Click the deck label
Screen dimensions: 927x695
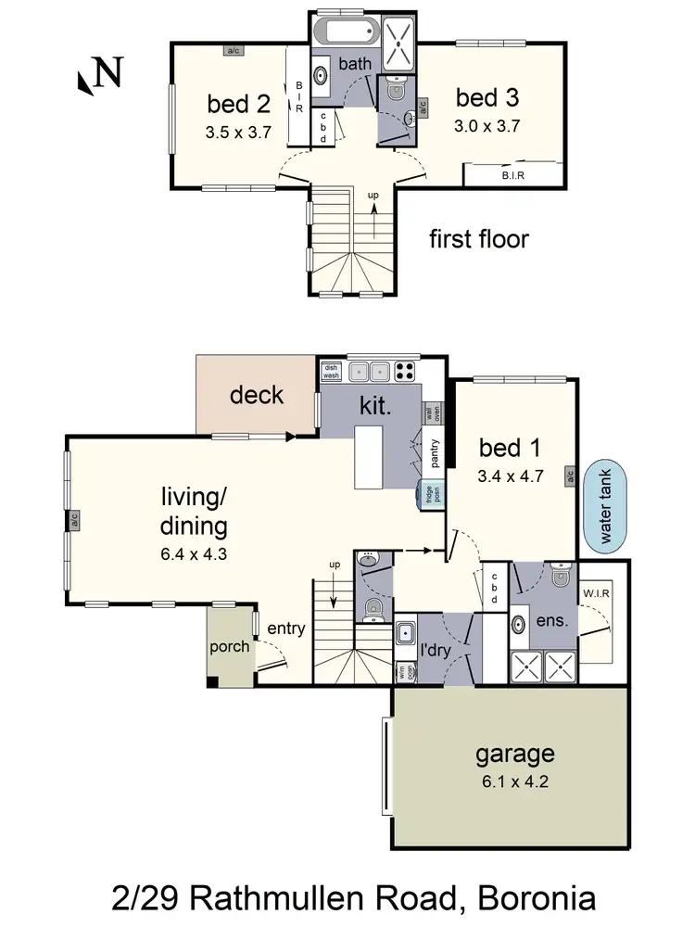pyautogui.click(x=257, y=396)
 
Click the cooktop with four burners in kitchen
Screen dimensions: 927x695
pyautogui.click(x=406, y=372)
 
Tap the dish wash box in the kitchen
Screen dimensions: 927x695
pyautogui.click(x=332, y=372)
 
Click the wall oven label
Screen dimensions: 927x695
pyautogui.click(x=432, y=413)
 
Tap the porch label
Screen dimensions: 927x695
pyautogui.click(x=229, y=646)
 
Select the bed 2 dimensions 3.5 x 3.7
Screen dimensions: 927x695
pyautogui.click(x=237, y=133)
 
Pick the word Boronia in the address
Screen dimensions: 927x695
pyautogui.click(x=528, y=898)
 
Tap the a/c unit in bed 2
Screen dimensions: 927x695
pyautogui.click(x=234, y=50)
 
